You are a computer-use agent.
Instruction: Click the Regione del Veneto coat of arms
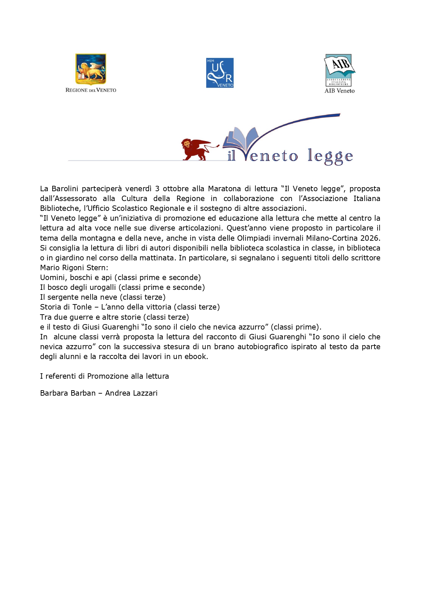(91, 69)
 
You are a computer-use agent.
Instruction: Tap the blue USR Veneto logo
(220, 73)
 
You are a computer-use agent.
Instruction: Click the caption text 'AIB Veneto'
(340, 91)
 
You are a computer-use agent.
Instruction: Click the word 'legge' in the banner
(330, 156)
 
